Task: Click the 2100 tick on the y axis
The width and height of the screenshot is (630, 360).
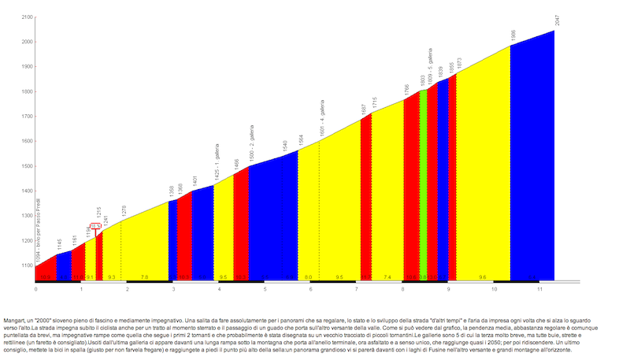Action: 27,17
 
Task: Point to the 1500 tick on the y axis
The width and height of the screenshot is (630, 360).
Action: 27,166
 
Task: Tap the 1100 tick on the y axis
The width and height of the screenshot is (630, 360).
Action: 27,266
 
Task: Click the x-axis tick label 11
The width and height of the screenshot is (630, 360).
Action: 540,289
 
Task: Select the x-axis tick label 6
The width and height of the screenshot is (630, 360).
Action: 311,289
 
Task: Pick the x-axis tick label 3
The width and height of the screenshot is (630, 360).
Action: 173,289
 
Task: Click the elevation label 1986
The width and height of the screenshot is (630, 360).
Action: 513,36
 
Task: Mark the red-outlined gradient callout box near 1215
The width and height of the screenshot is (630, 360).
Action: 94,225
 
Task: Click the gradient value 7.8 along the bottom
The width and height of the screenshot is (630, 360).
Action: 144,277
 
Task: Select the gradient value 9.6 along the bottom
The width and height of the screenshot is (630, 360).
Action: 483,277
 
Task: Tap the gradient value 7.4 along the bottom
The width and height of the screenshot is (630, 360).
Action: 387,277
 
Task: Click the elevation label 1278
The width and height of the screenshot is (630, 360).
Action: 124,210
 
